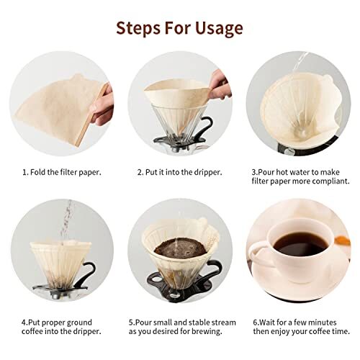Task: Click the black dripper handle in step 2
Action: click(210, 130)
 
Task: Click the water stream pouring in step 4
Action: click(68, 220)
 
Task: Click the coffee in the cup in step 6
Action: click(297, 246)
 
